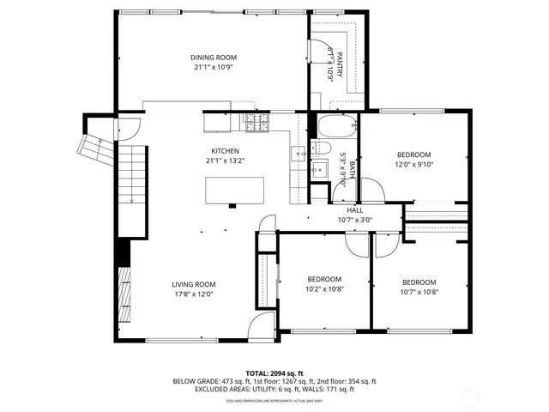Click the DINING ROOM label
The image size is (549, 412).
coord(213,58)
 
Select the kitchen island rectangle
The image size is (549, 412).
coord(234,190)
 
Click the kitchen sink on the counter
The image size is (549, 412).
coord(297,154)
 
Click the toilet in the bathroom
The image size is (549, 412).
coord(321,169)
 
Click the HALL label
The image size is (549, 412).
coord(354,210)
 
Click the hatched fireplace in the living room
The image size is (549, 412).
coord(124,294)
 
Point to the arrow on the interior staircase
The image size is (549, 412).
coord(131,199)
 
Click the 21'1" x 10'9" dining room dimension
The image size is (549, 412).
coord(213,67)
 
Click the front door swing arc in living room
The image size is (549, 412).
coord(259,326)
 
